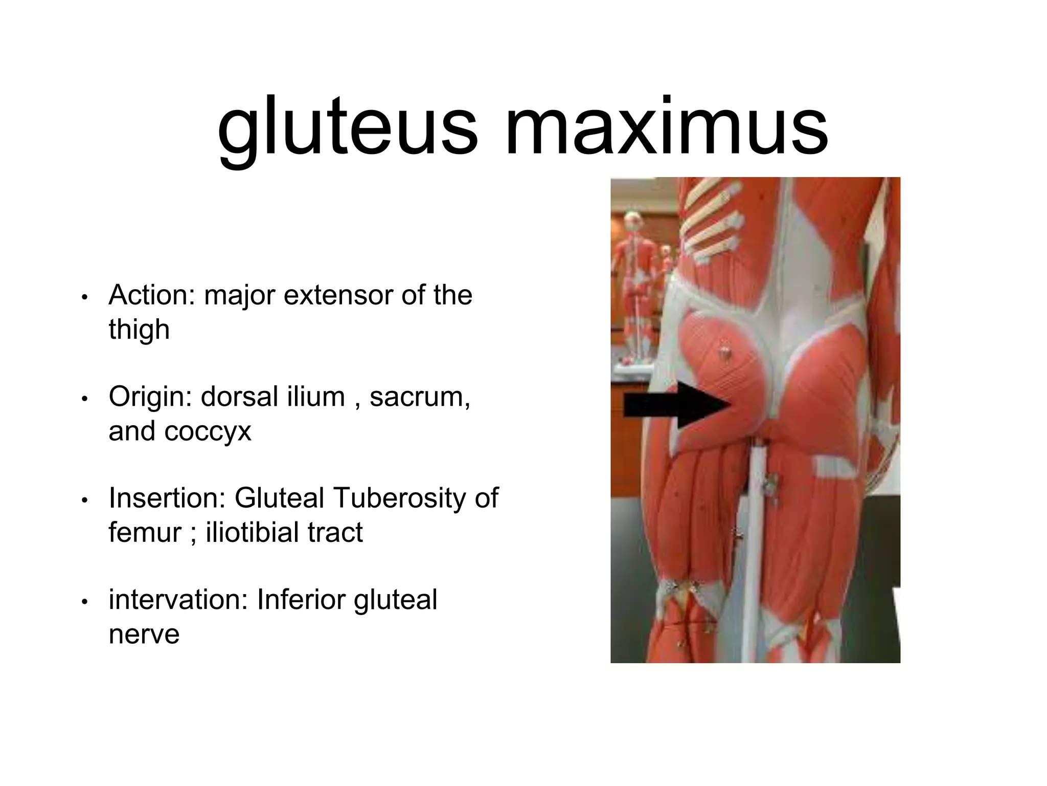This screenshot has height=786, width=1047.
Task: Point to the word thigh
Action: coord(139,329)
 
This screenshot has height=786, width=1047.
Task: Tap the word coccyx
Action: coord(208,431)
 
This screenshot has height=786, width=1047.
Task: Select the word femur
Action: coord(145,532)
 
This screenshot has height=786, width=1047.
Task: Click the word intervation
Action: coord(178,600)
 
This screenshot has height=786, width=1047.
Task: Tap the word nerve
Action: coord(144,635)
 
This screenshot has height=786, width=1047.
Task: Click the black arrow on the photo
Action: coord(675,406)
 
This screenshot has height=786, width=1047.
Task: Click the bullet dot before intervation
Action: coord(85,602)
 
